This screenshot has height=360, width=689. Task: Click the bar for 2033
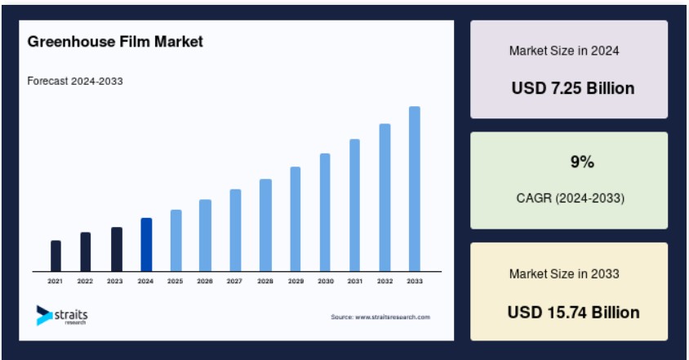pyautogui.click(x=415, y=189)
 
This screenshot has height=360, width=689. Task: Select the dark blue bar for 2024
pyautogui.click(x=146, y=244)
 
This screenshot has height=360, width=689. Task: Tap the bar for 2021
pyautogui.click(x=56, y=256)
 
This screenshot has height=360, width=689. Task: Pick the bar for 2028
pyautogui.click(x=265, y=225)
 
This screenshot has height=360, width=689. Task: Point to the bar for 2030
pyautogui.click(x=325, y=212)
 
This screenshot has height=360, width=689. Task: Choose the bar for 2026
pyautogui.click(x=205, y=235)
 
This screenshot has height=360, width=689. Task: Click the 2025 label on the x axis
pyautogui.click(x=175, y=281)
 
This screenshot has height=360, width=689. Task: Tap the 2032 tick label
pyautogui.click(x=385, y=281)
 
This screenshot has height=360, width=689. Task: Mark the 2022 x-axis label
pyautogui.click(x=85, y=281)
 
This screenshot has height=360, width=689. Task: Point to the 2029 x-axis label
pyautogui.click(x=296, y=281)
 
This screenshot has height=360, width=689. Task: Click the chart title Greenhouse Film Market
pyautogui.click(x=115, y=42)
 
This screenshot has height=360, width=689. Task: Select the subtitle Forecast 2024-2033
pyautogui.click(x=75, y=81)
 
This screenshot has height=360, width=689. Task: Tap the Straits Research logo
pyautogui.click(x=62, y=315)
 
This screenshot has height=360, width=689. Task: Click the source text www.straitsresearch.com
pyautogui.click(x=393, y=317)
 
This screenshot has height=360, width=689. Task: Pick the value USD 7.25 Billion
pyautogui.click(x=573, y=88)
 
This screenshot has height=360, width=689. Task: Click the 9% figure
pyautogui.click(x=582, y=162)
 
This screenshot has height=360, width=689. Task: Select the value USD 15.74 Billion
pyautogui.click(x=573, y=312)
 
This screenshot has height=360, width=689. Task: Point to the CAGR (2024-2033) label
pyautogui.click(x=571, y=198)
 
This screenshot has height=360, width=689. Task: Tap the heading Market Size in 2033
pyautogui.click(x=564, y=273)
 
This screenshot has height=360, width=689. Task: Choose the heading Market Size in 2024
pyautogui.click(x=564, y=51)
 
